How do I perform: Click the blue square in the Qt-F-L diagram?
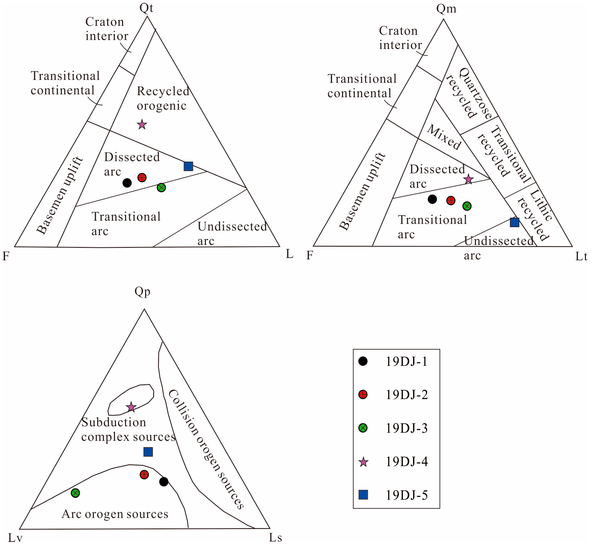pyautogui.click(x=188, y=166)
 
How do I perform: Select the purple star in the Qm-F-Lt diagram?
pyautogui.click(x=468, y=179)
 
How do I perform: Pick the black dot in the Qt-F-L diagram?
pyautogui.click(x=127, y=183)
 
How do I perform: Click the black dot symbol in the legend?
pyautogui.click(x=363, y=361)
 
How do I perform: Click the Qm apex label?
pyautogui.click(x=446, y=9)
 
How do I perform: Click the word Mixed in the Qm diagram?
pyautogui.click(x=444, y=137)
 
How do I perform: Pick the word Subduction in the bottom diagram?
pyautogui.click(x=114, y=422)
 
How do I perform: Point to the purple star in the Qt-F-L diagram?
pyautogui.click(x=142, y=124)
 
